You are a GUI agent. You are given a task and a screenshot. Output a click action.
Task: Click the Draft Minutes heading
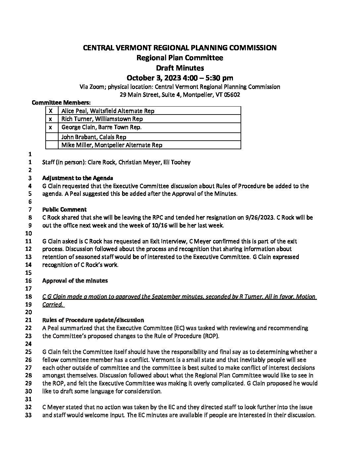coord(180,68)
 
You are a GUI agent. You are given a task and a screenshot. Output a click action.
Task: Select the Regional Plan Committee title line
coord(180,58)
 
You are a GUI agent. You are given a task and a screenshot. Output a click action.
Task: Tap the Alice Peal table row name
coord(108,111)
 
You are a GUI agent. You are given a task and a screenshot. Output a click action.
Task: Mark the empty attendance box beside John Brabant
coord(51,137)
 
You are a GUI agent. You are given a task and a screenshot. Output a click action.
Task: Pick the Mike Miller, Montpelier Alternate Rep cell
coord(112,145)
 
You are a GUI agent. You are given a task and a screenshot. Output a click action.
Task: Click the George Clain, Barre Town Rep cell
coord(102,127)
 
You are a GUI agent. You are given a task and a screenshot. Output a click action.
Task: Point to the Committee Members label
coord(61,103)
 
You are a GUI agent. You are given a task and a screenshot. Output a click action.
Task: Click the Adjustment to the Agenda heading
coord(78,178)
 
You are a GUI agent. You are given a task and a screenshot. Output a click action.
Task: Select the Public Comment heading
coord(65,210)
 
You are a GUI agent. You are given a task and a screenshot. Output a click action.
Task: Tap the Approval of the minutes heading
coord(75,281)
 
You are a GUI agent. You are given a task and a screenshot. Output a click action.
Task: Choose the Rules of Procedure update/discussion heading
coord(93,320)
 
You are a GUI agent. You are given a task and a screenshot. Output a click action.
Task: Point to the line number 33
coord(28,415)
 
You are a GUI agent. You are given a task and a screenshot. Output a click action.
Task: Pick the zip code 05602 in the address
coord(232,95)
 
